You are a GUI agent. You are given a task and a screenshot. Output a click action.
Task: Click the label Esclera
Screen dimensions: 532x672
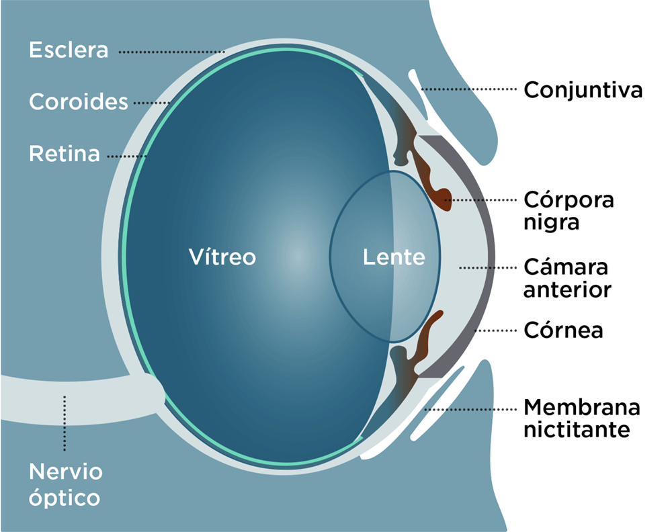pos(69,50)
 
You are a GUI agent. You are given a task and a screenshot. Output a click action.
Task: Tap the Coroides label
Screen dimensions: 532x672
pos(79,102)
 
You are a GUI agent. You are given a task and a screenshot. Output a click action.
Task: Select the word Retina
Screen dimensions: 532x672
pos(65,154)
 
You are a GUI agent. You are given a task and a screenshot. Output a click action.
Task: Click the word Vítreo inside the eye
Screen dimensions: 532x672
pos(222,257)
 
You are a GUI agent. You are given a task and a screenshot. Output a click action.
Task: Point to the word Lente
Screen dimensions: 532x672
pos(394,257)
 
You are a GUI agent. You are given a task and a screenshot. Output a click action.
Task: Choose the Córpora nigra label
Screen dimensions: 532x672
pos(569,211)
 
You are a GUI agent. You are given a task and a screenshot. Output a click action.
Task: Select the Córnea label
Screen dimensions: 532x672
pos(563,330)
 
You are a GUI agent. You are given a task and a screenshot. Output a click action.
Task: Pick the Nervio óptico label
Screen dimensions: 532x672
pos(66,484)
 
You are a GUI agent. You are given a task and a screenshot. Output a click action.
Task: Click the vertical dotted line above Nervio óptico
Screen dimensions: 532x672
pos(65,423)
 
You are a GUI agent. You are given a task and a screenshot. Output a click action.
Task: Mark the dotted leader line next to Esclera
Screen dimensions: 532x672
pos(171,51)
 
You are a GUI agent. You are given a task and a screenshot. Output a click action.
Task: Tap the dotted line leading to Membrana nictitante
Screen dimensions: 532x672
pos(470,408)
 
